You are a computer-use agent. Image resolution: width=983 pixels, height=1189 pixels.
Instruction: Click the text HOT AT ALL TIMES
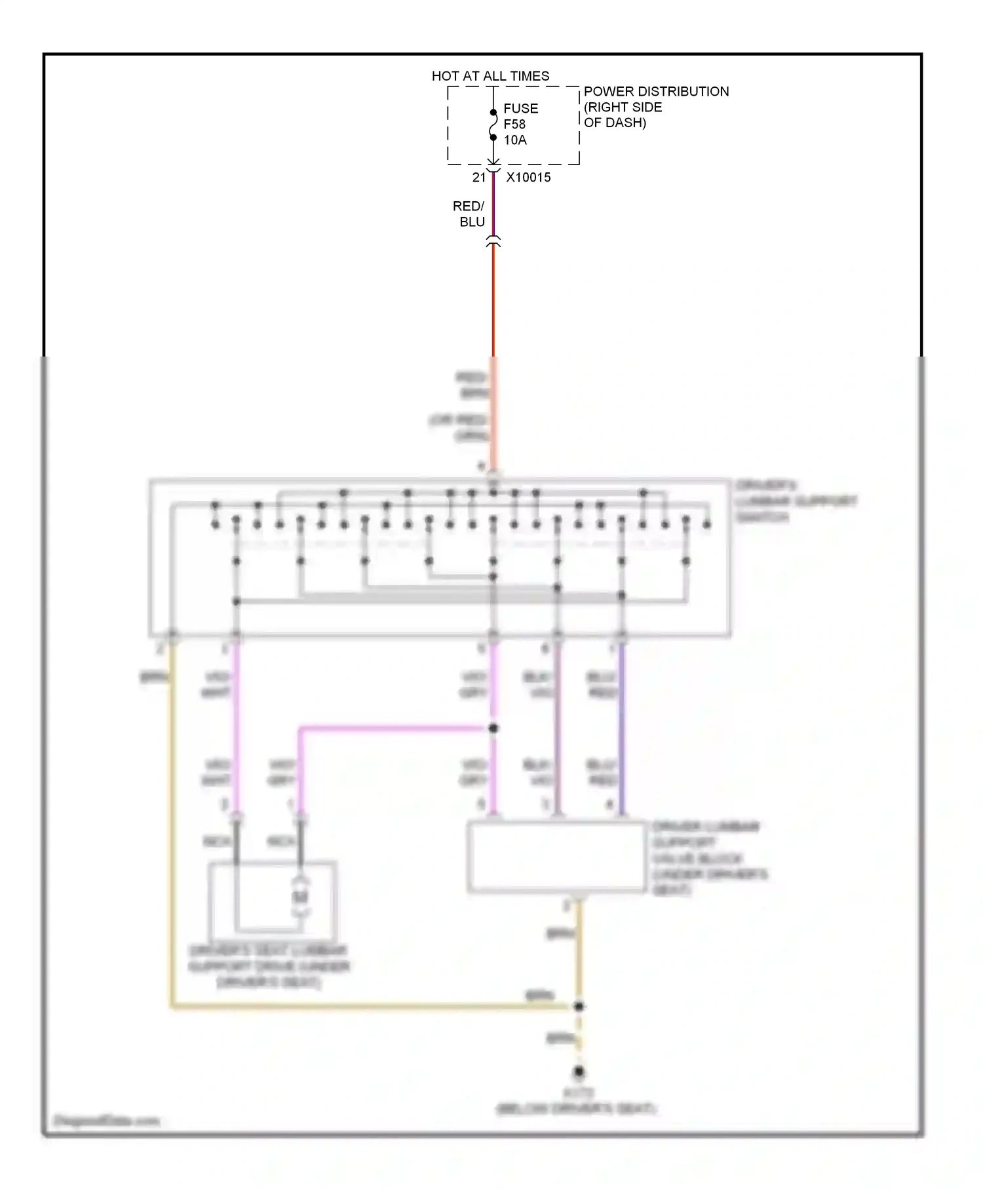(490, 76)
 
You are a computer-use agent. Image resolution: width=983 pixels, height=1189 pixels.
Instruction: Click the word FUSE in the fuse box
(520, 108)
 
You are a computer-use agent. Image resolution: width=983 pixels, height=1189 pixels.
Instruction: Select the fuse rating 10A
(514, 140)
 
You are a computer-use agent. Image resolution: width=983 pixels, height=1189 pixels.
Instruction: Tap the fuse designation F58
(514, 124)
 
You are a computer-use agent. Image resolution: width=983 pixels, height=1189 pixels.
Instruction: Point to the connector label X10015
(528, 178)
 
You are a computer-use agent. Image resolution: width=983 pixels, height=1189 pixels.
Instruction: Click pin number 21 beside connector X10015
(478, 178)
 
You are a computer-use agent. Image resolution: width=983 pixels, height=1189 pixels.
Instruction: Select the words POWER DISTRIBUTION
(655, 92)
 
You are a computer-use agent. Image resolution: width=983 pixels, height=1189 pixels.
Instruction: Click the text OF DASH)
(614, 123)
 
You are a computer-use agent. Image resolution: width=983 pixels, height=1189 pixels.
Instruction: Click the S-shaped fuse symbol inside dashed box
(493, 125)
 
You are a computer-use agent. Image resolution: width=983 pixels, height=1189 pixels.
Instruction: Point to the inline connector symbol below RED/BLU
(493, 241)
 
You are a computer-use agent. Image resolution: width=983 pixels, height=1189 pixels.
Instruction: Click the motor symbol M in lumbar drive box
(300, 896)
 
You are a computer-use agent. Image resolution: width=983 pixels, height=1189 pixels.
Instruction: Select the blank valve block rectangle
(556, 857)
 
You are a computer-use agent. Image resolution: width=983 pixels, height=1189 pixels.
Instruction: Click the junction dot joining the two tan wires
(578, 1006)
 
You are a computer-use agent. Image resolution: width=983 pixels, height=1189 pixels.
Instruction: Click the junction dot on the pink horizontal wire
(493, 728)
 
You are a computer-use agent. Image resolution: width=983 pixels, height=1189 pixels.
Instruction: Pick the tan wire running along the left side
(172, 819)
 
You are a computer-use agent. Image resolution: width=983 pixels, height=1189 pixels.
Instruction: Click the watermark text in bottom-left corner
(105, 1121)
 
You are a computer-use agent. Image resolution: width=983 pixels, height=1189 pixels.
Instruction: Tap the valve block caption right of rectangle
(708, 857)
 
